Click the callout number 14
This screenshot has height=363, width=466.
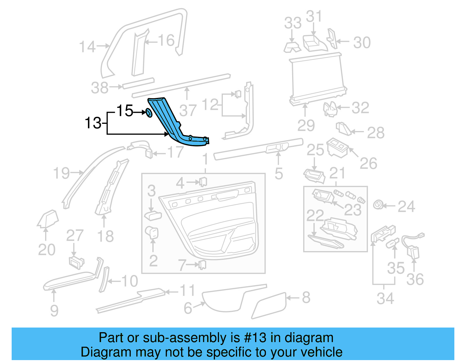(x=87, y=47)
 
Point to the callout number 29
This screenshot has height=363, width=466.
(x=306, y=126)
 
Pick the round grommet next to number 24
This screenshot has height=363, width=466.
(x=378, y=205)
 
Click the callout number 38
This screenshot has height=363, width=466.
(x=100, y=88)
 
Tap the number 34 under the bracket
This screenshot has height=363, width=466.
(x=385, y=298)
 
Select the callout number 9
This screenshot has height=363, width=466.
(x=54, y=310)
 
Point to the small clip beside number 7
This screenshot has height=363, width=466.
(x=202, y=265)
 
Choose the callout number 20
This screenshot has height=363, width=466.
(x=47, y=250)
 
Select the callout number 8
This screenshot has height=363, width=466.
(x=306, y=298)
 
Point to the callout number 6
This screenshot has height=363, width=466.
(x=188, y=308)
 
